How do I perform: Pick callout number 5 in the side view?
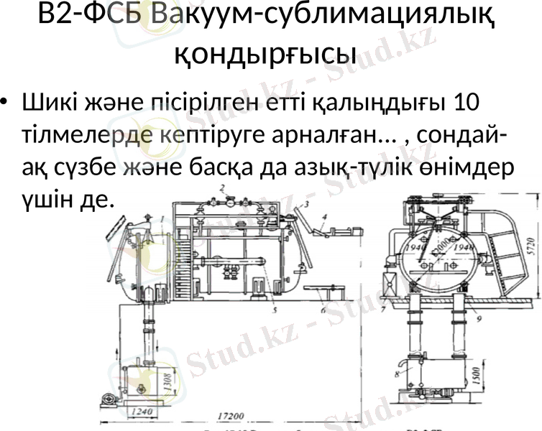(275, 310)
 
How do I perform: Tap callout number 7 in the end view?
(384, 310)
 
